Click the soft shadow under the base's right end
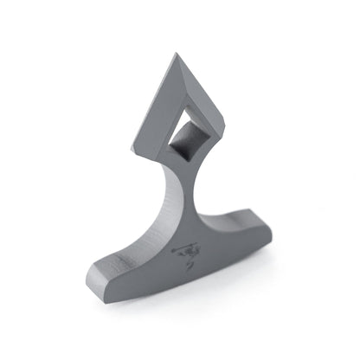(260, 260)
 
